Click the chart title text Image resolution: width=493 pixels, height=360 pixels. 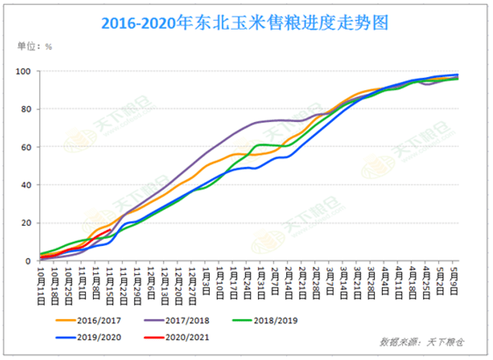[244, 23]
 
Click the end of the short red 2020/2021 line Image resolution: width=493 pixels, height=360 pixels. [110, 230]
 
